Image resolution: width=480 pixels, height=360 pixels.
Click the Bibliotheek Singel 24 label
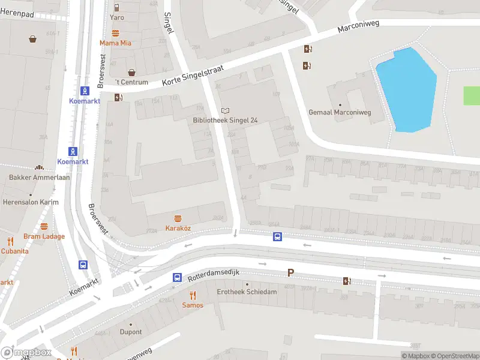225,121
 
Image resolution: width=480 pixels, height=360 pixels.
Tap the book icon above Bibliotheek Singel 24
225,110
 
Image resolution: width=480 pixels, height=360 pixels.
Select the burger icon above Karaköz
178,218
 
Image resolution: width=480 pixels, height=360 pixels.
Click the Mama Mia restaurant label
115,43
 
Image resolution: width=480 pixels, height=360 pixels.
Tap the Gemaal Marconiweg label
340,112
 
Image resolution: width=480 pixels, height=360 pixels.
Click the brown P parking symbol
290,272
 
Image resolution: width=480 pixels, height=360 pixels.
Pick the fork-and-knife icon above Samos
193,295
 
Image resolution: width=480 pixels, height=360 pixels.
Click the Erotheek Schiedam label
247,292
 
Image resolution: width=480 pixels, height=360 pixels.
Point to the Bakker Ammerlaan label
40,178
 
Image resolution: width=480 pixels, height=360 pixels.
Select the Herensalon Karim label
31,202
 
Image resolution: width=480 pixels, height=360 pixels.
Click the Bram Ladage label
44,236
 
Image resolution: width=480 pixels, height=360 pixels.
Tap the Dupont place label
131,332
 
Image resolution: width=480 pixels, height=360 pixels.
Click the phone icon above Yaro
116,7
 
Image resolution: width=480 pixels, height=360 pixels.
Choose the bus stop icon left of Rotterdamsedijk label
177,277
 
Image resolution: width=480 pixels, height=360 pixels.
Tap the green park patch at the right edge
472,96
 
